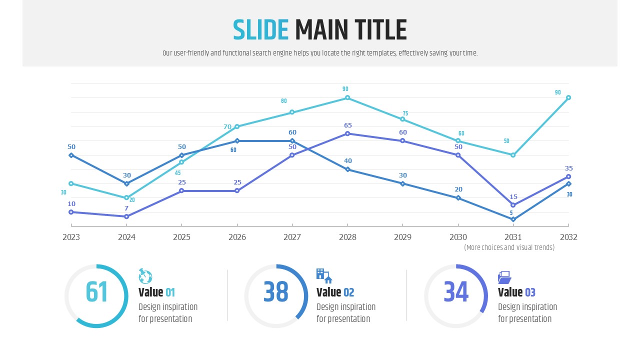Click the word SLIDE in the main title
[x=260, y=30]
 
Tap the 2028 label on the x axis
[x=348, y=237]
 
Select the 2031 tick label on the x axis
[x=513, y=237]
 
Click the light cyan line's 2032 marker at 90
[x=568, y=98]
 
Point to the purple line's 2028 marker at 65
[x=348, y=133]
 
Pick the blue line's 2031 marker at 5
[x=513, y=219]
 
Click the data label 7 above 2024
[x=126, y=208]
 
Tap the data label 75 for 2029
[x=405, y=113]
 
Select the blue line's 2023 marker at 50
[x=71, y=155]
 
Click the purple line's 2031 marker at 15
[x=513, y=205]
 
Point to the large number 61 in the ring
[x=96, y=292]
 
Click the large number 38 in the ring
[x=276, y=292]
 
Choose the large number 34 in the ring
[x=456, y=292]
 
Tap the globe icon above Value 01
[x=145, y=276]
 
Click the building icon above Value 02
[x=324, y=275]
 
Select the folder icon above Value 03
[x=504, y=277]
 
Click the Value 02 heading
[x=335, y=292]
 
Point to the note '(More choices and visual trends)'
[x=509, y=247]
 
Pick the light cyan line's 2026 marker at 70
[x=237, y=126]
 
